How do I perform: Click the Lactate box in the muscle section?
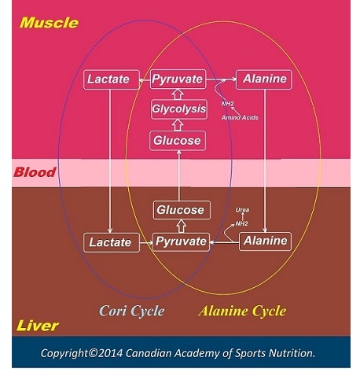tap(112, 79)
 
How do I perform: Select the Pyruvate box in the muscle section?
tap(178, 79)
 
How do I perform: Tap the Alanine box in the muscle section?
tap(264, 79)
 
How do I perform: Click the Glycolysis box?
tap(179, 109)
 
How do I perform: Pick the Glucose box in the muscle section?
tap(178, 141)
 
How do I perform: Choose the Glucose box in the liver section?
tap(182, 210)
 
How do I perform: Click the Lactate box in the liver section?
tap(112, 242)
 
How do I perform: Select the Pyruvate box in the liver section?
tap(181, 241)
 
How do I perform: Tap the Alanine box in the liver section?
tap(265, 241)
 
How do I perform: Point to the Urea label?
tap(242, 210)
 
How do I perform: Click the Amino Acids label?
tap(240, 117)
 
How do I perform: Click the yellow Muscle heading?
tap(49, 23)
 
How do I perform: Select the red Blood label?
tap(35, 172)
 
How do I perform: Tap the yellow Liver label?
tap(38, 326)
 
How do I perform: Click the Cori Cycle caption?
tap(132, 311)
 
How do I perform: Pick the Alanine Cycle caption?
tap(242, 311)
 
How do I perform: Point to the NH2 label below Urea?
tap(241, 223)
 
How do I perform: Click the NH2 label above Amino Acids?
tap(227, 104)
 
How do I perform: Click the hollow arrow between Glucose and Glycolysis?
tap(178, 125)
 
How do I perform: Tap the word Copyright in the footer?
tap(64, 353)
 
